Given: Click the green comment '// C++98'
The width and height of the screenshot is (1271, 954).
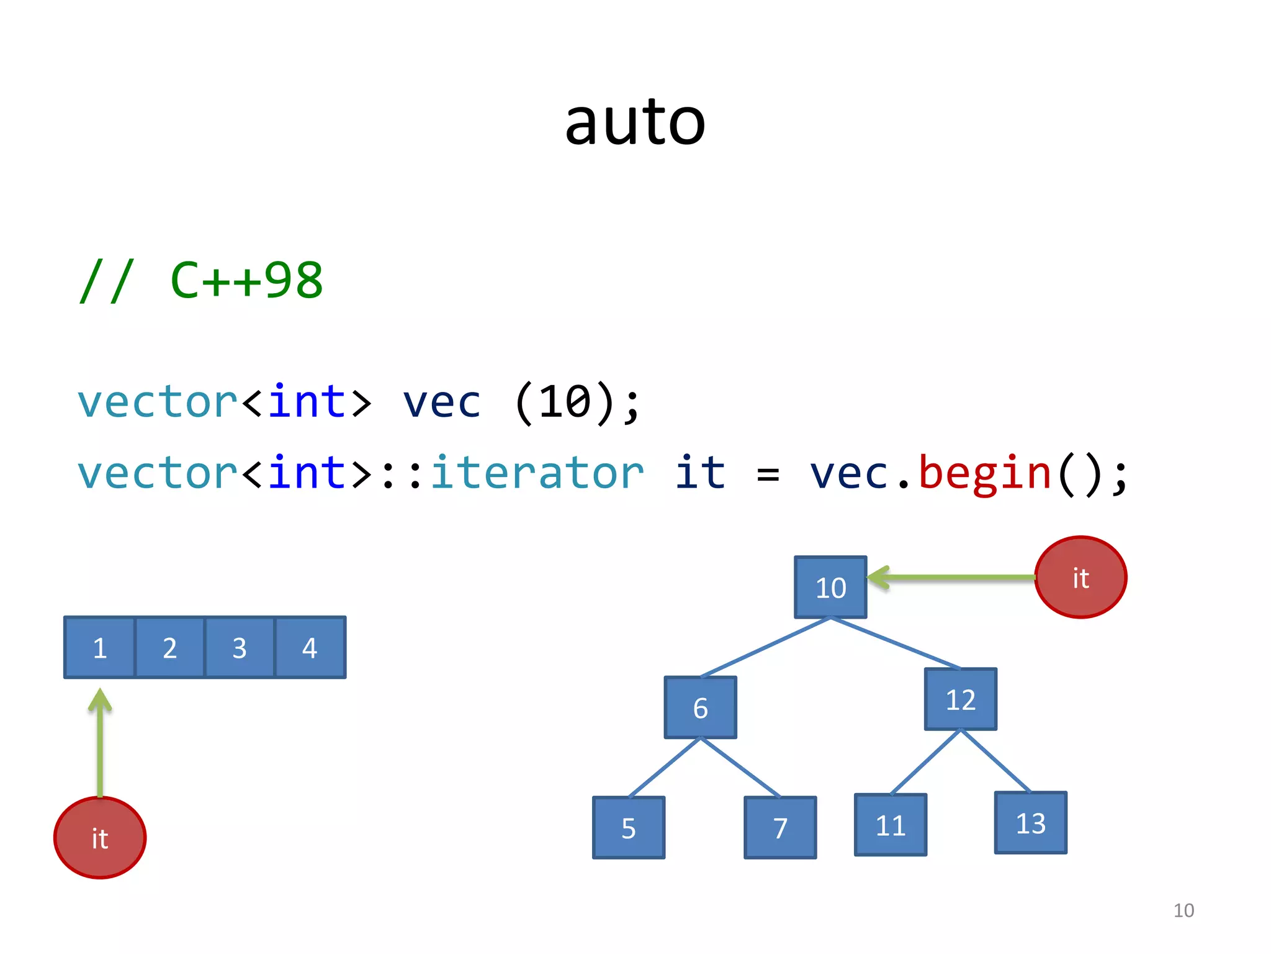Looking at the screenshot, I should click(201, 281).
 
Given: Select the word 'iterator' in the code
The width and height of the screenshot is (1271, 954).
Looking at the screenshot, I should click(537, 473).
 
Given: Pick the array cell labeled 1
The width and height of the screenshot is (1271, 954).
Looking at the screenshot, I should click(100, 648).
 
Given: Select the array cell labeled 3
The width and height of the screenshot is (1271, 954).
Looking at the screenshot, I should click(240, 648).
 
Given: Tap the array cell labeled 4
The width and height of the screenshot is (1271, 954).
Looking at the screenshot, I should click(310, 648).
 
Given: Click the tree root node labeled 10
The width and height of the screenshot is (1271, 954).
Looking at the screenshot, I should click(830, 588).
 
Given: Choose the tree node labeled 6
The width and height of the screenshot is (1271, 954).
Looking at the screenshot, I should click(700, 707).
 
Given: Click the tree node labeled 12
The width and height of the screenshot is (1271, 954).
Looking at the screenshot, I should click(960, 699).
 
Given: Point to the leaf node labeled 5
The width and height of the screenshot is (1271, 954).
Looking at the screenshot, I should click(629, 828).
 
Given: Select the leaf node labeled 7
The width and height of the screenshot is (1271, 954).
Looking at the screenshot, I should click(780, 828).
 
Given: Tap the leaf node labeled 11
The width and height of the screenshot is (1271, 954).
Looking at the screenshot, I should click(891, 825).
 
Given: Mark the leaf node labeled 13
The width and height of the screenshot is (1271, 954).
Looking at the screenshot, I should click(1030, 823).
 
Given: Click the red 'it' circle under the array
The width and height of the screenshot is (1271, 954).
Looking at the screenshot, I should click(100, 838).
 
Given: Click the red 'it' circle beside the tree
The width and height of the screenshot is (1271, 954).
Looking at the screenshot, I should click(1080, 578).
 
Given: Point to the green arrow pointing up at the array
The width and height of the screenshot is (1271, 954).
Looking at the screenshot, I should click(100, 745).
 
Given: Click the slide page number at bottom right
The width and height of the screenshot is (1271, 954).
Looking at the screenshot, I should click(1183, 911).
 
